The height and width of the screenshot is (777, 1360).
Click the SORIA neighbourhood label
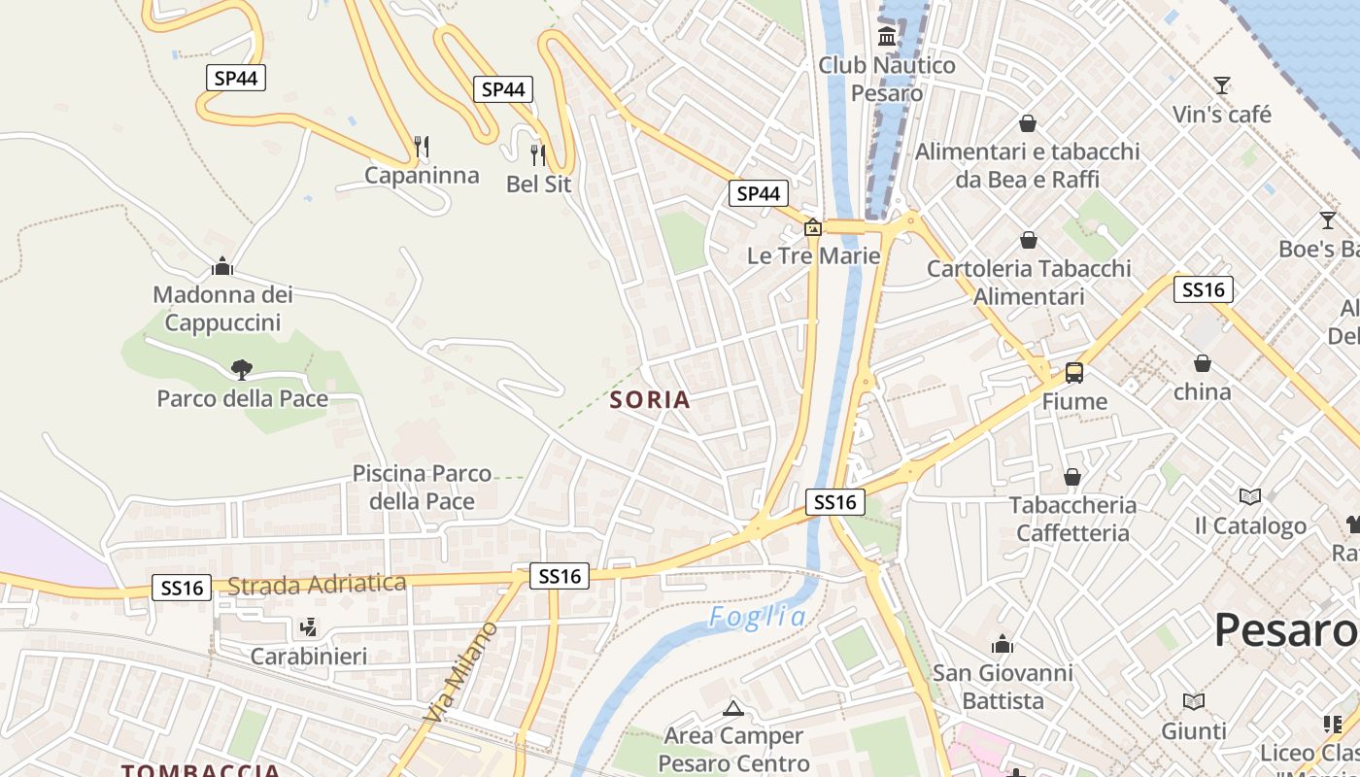tap(650, 399)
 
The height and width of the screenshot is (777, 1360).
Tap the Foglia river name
tap(757, 617)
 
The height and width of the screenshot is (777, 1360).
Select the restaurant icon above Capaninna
tap(422, 147)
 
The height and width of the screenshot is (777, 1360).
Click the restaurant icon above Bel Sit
tap(538, 154)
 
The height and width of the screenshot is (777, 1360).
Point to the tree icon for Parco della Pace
tap(242, 369)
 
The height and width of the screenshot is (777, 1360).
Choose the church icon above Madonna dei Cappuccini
tap(222, 265)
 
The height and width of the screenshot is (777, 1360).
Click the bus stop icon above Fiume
tap(1074, 372)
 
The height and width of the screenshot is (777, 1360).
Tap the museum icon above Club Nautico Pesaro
tap(887, 37)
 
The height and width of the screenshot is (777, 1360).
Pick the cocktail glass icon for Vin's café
tap(1222, 85)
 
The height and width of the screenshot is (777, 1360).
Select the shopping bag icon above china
tap(1203, 363)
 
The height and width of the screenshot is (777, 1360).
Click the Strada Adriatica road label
tap(317, 584)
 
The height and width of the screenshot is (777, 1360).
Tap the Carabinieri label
tap(309, 657)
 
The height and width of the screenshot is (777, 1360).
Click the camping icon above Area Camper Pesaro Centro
tap(733, 708)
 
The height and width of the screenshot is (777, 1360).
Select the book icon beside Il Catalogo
tap(1250, 497)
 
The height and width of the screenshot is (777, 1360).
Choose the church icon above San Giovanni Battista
tap(1002, 644)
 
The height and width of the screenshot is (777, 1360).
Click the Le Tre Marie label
tap(813, 255)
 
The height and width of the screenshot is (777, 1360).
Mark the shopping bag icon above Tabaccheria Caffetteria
tap(1072, 477)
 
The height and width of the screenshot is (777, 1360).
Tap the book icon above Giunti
tap(1194, 701)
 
